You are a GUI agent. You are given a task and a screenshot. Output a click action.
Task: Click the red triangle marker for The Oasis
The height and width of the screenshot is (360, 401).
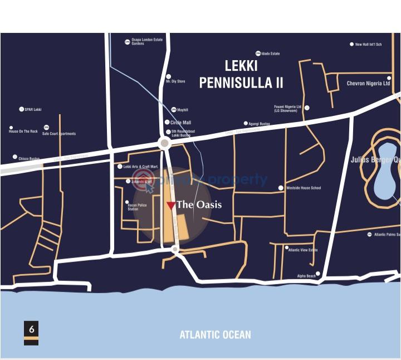pyautogui.click(x=171, y=205)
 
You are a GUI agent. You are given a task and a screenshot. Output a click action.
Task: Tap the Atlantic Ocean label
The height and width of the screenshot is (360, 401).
pyautogui.click(x=215, y=335)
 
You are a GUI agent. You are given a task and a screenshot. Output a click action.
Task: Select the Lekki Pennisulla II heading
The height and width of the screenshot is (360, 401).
pyautogui.click(x=241, y=75)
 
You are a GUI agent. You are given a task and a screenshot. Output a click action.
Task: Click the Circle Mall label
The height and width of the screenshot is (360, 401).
pyautogui.click(x=180, y=123)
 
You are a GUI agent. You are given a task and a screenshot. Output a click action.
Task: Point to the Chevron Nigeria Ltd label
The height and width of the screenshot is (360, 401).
pyautogui.click(x=368, y=84)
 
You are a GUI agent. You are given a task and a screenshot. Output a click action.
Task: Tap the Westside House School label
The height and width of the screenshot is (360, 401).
pyautogui.click(x=303, y=188)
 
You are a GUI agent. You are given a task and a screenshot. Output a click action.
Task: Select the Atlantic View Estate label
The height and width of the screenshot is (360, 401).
pyautogui.click(x=303, y=250)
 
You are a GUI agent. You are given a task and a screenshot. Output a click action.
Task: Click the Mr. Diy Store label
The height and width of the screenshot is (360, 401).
pyautogui.click(x=175, y=82)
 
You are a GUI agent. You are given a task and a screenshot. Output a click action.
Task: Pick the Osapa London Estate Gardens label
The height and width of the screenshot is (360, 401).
pyautogui.click(x=146, y=42)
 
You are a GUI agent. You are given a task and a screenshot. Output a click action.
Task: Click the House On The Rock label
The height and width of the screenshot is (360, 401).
pyautogui.click(x=23, y=132)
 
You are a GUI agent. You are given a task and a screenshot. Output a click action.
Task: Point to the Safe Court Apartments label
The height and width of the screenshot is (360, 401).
pyautogui.click(x=59, y=134)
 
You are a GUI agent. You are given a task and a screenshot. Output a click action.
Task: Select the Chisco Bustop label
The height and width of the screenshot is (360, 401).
pyautogui.click(x=28, y=158)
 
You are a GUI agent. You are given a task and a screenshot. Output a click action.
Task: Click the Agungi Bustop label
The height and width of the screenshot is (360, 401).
pyautogui.click(x=258, y=124)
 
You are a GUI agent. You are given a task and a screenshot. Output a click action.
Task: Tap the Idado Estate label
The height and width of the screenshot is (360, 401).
pyautogui.click(x=270, y=54)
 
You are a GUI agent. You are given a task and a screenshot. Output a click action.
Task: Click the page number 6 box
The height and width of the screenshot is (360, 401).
pyautogui.click(x=31, y=329)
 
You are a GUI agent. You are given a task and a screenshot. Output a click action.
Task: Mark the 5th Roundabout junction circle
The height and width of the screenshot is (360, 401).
pyautogui.click(x=164, y=143)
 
